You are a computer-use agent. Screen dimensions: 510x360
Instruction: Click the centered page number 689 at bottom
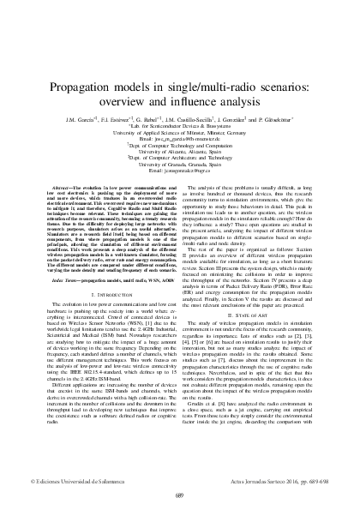click(180, 495)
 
